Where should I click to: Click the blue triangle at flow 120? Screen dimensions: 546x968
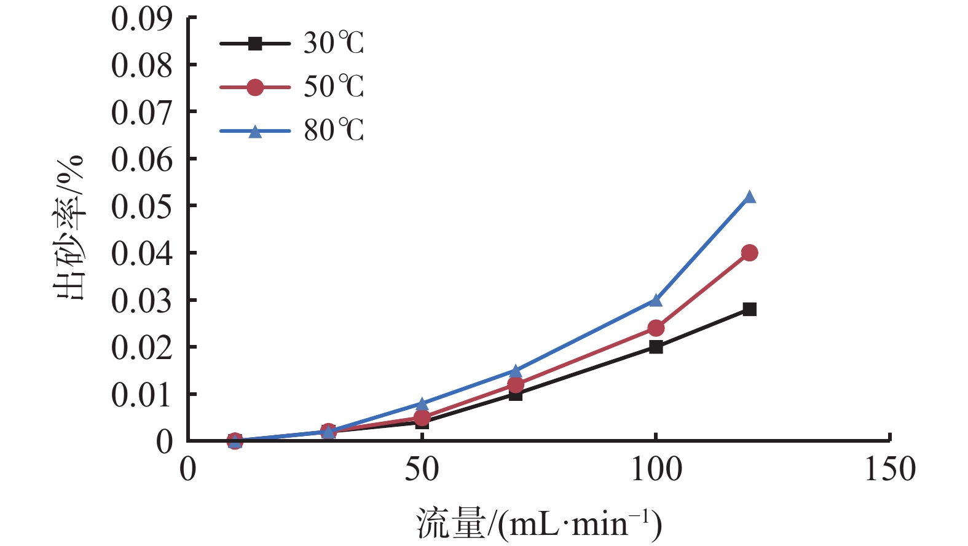pyautogui.click(x=749, y=197)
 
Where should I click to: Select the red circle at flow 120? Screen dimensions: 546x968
pyautogui.click(x=749, y=253)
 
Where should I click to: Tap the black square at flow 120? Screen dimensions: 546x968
pyautogui.click(x=749, y=309)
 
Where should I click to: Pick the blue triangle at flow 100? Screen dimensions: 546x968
pyautogui.click(x=656, y=300)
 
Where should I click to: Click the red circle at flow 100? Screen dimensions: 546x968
pyautogui.click(x=656, y=328)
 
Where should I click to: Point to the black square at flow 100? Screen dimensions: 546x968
pyautogui.click(x=656, y=347)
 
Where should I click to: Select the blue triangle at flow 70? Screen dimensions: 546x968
pyautogui.click(x=516, y=371)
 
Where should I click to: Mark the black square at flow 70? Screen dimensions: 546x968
pyautogui.click(x=516, y=395)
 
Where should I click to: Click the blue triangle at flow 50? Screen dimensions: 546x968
pyautogui.click(x=422, y=404)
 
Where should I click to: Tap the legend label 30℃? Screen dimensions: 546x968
pyautogui.click(x=334, y=43)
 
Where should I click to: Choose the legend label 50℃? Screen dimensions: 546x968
pyautogui.click(x=334, y=87)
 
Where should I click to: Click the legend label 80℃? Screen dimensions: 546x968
pyautogui.click(x=334, y=130)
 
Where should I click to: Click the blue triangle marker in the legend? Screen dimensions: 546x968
pyautogui.click(x=254, y=132)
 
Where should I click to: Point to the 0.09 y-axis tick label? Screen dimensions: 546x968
pyautogui.click(x=141, y=18)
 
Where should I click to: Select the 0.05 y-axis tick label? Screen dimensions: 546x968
pyautogui.click(x=141, y=206)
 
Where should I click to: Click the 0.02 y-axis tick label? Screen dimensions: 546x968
pyautogui.click(x=141, y=347)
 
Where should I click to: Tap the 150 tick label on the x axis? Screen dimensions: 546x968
pyautogui.click(x=889, y=469)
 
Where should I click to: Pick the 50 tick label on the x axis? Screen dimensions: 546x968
pyautogui.click(x=422, y=469)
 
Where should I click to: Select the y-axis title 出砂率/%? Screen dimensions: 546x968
pyautogui.click(x=69, y=228)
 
